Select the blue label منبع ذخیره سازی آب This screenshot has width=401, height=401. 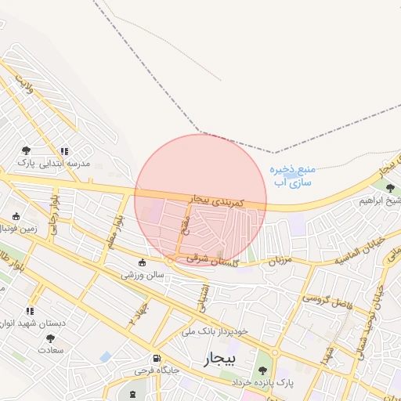tap(292, 175)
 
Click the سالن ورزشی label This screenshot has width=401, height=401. tap(141, 276)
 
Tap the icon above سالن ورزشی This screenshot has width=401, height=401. tap(142, 262)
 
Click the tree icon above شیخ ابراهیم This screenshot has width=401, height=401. tap(390, 187)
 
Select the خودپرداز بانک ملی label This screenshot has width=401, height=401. tap(214, 331)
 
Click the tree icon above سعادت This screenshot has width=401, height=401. tap(51, 338)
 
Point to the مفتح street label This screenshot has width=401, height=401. tap(185, 230)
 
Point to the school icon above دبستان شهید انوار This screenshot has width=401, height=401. tap(31, 311)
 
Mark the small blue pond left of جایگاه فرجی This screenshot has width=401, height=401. tap(106, 357)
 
